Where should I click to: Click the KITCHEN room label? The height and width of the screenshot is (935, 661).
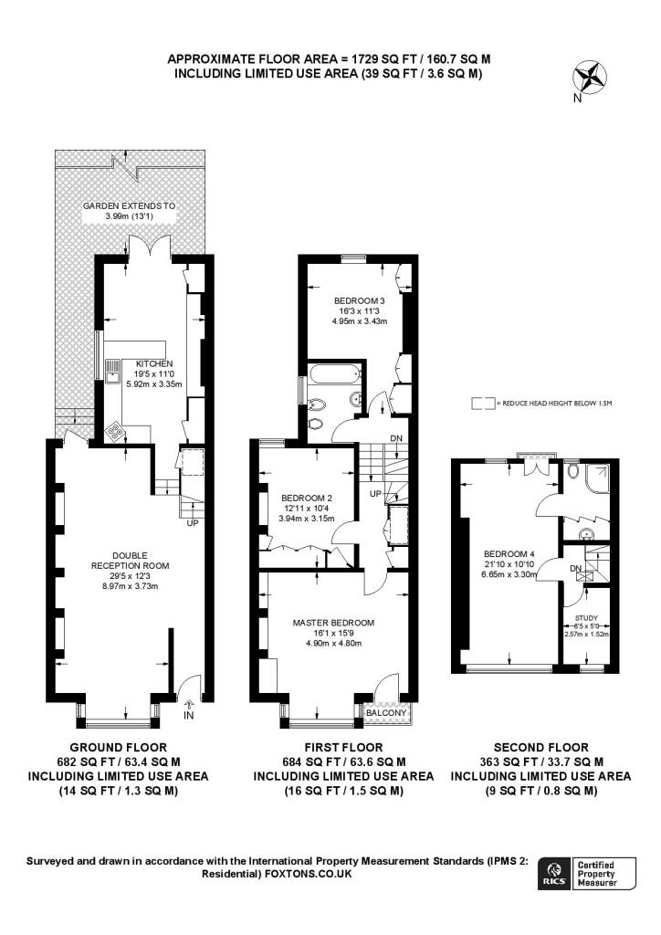pos(154,363)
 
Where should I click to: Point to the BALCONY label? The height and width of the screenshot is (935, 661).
pos(387,713)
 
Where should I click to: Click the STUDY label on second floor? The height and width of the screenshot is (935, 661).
pos(587,616)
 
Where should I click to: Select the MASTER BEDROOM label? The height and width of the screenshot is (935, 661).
pos(333,623)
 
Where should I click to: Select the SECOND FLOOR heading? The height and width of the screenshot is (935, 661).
pos(540,747)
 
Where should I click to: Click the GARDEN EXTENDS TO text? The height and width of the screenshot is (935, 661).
pos(129,206)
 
